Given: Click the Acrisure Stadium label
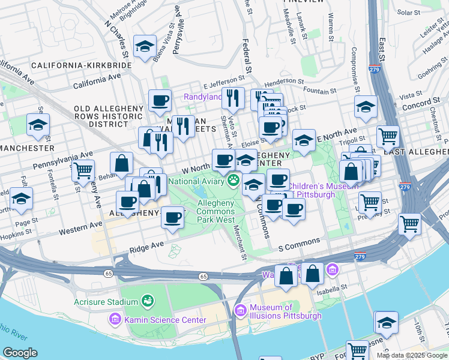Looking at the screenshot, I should click(106, 302).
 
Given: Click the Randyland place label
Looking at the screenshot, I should click(202, 97).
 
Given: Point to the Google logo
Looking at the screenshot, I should click(20, 353).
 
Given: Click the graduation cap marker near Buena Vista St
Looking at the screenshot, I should click(145, 46).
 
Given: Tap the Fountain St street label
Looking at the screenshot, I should click(319, 91).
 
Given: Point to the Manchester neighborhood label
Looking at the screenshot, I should click(27, 148).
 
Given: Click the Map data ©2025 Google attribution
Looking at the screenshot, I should click(411, 355).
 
